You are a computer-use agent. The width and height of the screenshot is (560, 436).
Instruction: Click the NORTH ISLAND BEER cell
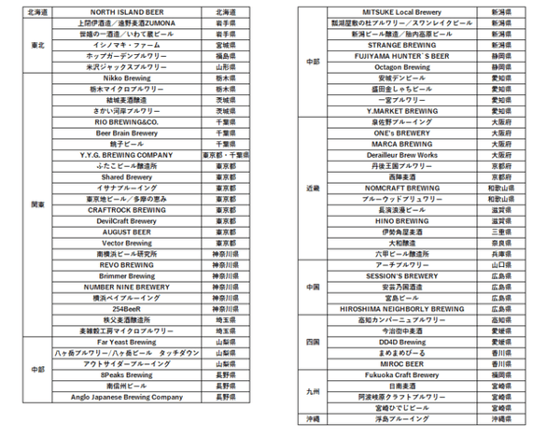[128, 12]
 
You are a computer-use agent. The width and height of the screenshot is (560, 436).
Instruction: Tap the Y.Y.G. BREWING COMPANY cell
[128, 154]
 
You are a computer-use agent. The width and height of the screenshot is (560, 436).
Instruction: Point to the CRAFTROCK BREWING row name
[128, 210]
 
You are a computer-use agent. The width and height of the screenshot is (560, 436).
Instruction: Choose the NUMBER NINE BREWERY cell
[128, 288]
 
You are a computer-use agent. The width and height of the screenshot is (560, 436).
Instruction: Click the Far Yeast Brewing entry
[128, 342]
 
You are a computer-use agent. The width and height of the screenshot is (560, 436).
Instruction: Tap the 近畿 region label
[313, 188]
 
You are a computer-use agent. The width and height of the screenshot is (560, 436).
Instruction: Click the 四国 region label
[313, 342]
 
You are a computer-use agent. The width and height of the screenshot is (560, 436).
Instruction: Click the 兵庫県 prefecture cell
[501, 253]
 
